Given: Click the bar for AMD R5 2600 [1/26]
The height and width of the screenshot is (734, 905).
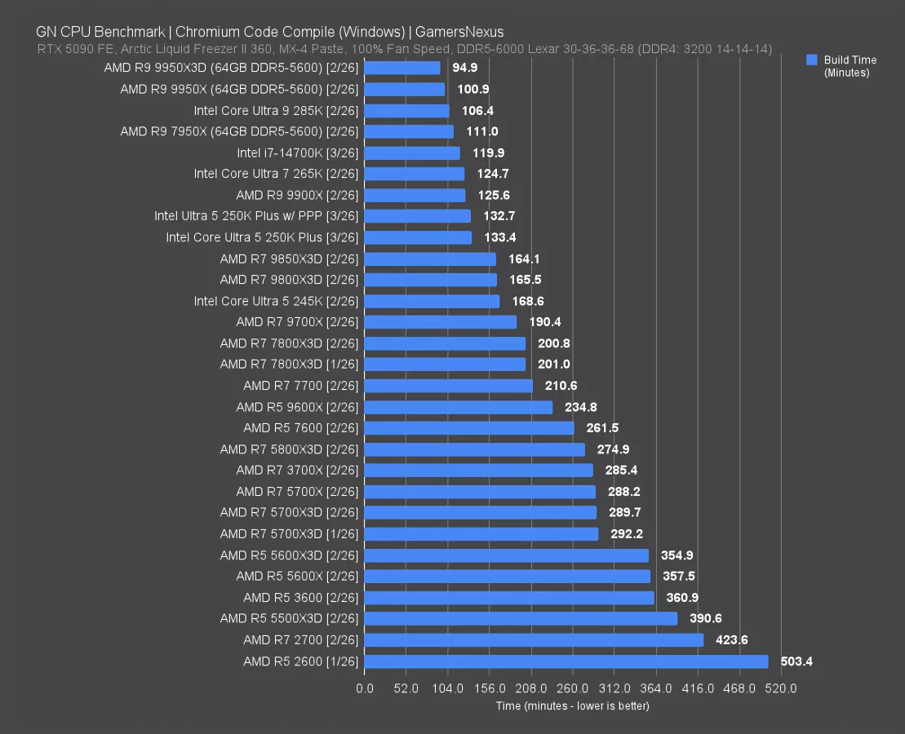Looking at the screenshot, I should (566, 661).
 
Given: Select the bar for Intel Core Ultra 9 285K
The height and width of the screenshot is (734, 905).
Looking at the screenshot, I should (406, 110).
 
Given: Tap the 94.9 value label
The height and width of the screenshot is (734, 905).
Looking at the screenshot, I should (464, 68).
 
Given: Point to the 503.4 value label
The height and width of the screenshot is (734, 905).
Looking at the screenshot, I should (796, 661).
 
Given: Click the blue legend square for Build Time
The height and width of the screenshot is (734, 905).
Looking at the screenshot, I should (811, 60).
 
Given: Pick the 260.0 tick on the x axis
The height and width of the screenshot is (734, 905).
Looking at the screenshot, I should (573, 688).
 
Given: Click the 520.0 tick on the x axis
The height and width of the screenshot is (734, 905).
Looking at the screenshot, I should (781, 688).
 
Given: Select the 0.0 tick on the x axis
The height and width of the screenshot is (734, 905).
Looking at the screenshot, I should (365, 688).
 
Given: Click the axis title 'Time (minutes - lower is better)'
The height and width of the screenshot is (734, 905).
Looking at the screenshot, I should (572, 705).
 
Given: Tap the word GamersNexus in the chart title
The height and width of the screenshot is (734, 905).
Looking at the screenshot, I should (459, 32).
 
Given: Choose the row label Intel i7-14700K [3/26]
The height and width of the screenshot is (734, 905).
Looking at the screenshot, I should (297, 153).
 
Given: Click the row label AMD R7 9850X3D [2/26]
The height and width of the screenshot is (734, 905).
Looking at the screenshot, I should (289, 259).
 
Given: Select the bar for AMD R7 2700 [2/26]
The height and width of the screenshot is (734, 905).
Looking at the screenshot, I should (534, 640).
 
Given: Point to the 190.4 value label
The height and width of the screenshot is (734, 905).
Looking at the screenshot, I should (545, 322).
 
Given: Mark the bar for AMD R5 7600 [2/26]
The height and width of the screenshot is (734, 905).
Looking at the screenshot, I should (469, 428).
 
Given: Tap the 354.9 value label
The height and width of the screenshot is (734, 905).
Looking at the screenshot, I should (677, 555).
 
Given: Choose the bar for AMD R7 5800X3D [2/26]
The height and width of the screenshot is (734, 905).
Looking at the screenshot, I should (475, 449).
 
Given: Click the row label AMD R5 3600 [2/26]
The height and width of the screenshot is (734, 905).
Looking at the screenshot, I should (300, 598).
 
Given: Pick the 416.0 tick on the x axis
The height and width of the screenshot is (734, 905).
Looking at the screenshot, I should (698, 688).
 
